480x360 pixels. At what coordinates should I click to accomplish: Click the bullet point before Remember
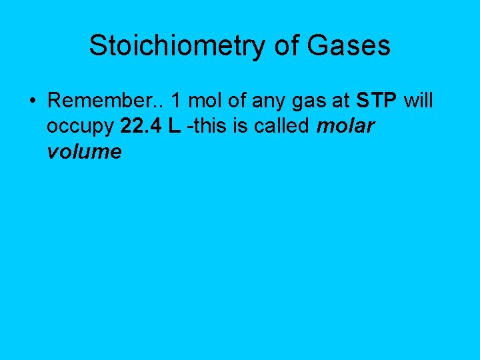[x=33, y=101]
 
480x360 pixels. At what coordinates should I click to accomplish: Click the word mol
[x=202, y=101]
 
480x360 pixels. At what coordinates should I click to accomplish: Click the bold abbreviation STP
[x=377, y=101]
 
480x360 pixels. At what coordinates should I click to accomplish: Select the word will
[x=419, y=101]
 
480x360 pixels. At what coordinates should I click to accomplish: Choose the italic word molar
[x=345, y=127]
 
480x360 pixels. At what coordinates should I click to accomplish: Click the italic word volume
[x=84, y=152]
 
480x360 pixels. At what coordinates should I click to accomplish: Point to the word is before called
[x=243, y=127]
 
